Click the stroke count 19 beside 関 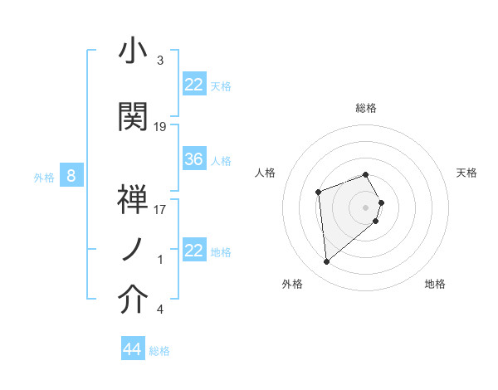coord(160,127)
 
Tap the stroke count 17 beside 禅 coord(160,210)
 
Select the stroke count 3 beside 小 coord(160,61)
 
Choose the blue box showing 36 coord(194,159)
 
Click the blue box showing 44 coord(133,349)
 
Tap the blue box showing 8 coord(71,176)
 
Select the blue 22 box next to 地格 coord(194,251)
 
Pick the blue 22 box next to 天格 coord(194,85)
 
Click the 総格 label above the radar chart coord(366,108)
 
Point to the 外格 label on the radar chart coord(292,284)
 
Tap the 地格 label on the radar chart coord(435,284)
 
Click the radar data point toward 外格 coord(327,262)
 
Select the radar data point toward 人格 coord(318,193)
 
